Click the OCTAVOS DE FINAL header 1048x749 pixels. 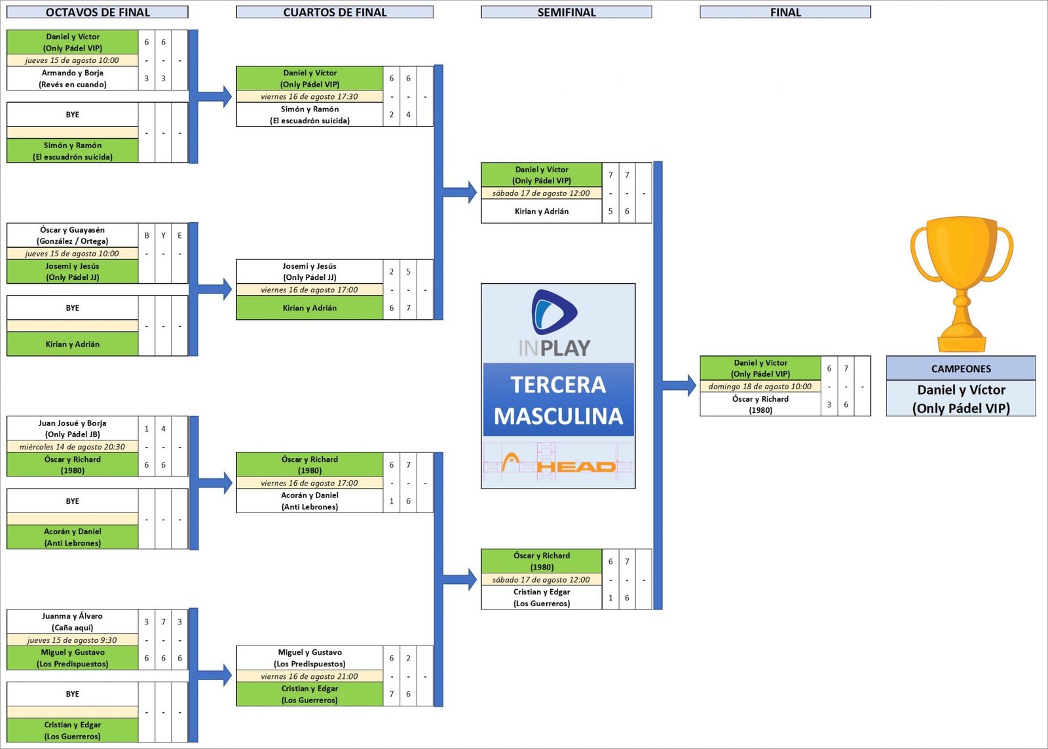click(98, 12)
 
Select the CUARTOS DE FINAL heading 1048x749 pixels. click(335, 12)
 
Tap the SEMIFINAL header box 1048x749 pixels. click(567, 12)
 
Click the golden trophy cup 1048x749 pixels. click(961, 282)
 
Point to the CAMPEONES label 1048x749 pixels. click(961, 368)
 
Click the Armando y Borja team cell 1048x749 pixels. click(73, 79)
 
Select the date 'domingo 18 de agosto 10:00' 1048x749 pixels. click(760, 387)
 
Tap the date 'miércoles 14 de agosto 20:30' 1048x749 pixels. click(73, 447)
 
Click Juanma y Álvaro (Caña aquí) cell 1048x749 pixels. click(73, 621)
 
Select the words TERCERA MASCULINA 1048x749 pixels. click(559, 400)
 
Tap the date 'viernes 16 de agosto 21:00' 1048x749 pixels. click(309, 676)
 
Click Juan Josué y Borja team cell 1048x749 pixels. click(73, 429)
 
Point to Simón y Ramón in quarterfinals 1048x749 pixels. click(310, 115)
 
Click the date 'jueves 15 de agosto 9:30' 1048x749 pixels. click(73, 640)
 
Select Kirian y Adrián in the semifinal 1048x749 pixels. click(542, 211)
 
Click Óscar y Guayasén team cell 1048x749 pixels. click(73, 235)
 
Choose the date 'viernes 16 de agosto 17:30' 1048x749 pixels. click(309, 96)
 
